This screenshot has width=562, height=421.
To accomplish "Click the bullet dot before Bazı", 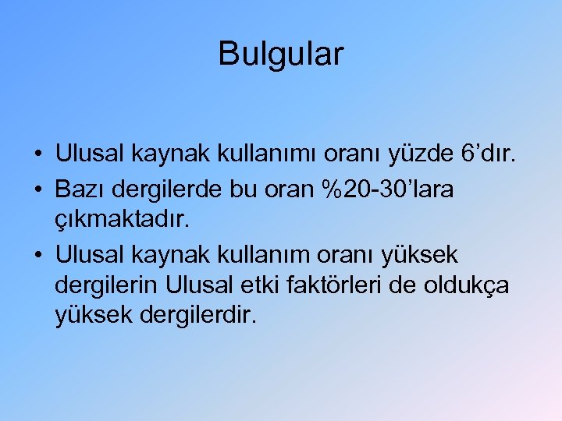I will click(38, 189).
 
